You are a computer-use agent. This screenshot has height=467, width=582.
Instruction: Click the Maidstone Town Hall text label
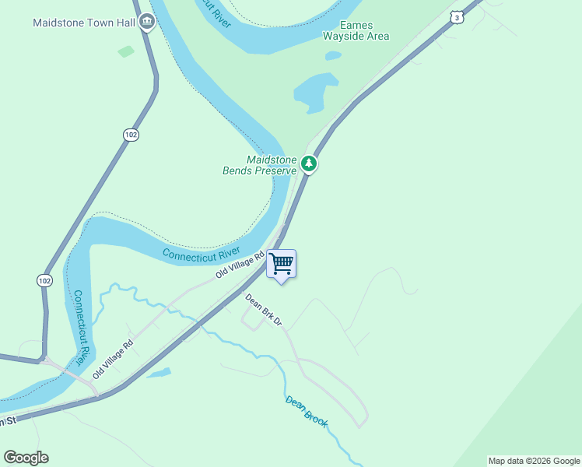click(x=84, y=23)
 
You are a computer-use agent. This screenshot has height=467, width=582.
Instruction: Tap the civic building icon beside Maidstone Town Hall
click(x=146, y=22)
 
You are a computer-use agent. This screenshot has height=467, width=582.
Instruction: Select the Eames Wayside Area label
click(x=356, y=30)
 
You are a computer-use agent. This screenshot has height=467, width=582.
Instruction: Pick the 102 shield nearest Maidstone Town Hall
click(x=131, y=135)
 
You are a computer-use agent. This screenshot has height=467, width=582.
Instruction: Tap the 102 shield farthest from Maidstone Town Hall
click(x=44, y=279)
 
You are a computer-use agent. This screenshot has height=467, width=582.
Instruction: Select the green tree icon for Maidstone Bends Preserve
click(x=309, y=163)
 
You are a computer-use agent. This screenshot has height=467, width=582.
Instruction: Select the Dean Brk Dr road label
click(x=262, y=310)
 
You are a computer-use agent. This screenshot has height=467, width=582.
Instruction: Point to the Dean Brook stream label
click(x=307, y=413)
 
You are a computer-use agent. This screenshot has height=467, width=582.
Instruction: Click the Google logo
click(x=26, y=458)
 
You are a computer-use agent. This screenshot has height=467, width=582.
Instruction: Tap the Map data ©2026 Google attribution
click(x=534, y=461)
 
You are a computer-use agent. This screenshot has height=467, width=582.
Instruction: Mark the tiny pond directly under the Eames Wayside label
click(x=333, y=55)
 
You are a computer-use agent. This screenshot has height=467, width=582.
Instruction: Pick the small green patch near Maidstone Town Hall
click(x=126, y=51)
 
